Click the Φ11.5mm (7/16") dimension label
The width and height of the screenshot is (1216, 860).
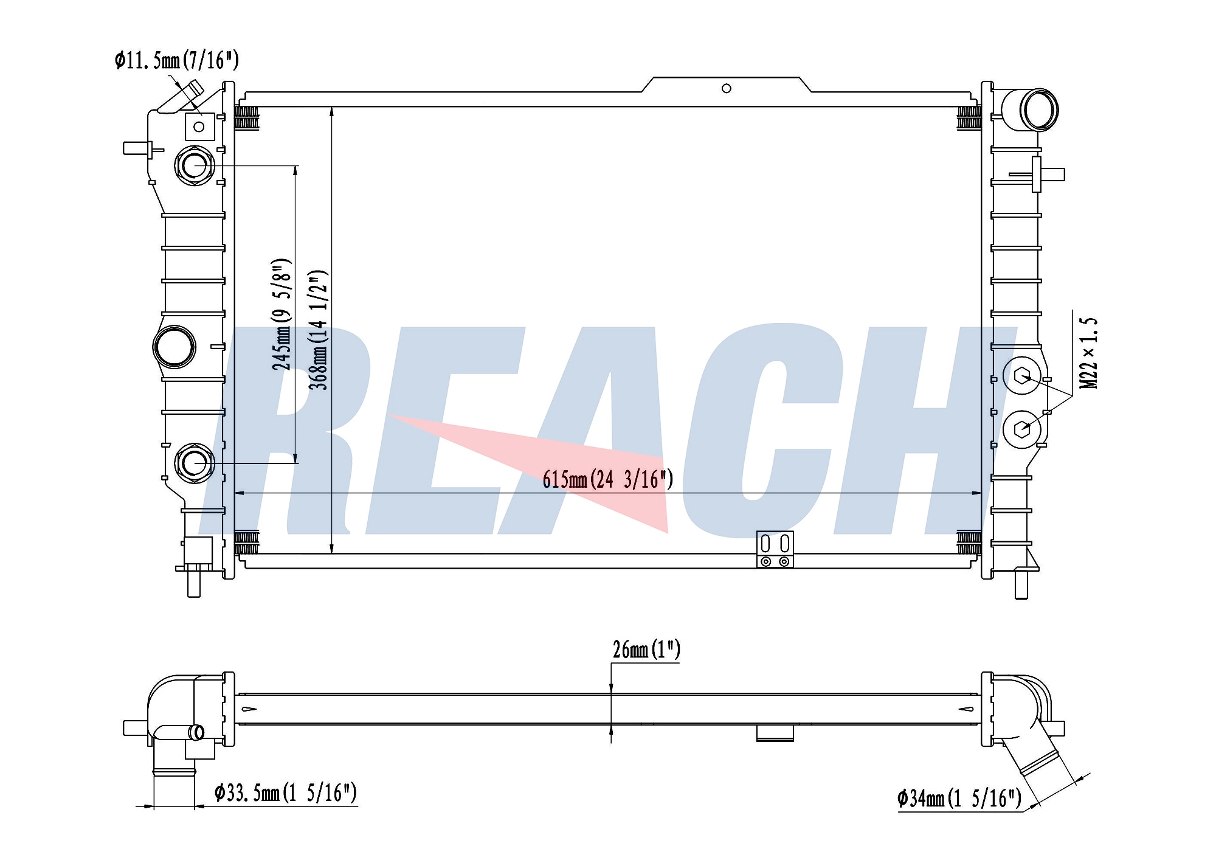pos(177,60)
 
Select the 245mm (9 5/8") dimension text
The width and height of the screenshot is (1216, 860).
pos(282,314)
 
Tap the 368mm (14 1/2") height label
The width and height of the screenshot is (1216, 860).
pos(319,330)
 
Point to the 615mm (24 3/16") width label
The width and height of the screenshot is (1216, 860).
pos(608,479)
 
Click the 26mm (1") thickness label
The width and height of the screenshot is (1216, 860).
pos(646,650)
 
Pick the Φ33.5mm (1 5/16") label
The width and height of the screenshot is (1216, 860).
pos(286,792)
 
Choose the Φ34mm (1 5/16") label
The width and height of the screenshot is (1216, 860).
pos(959,798)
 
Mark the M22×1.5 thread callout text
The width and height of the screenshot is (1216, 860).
pos(1089,353)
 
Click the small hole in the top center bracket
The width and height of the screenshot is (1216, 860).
pos(726,89)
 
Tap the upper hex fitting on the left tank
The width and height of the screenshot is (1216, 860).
pos(194,165)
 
